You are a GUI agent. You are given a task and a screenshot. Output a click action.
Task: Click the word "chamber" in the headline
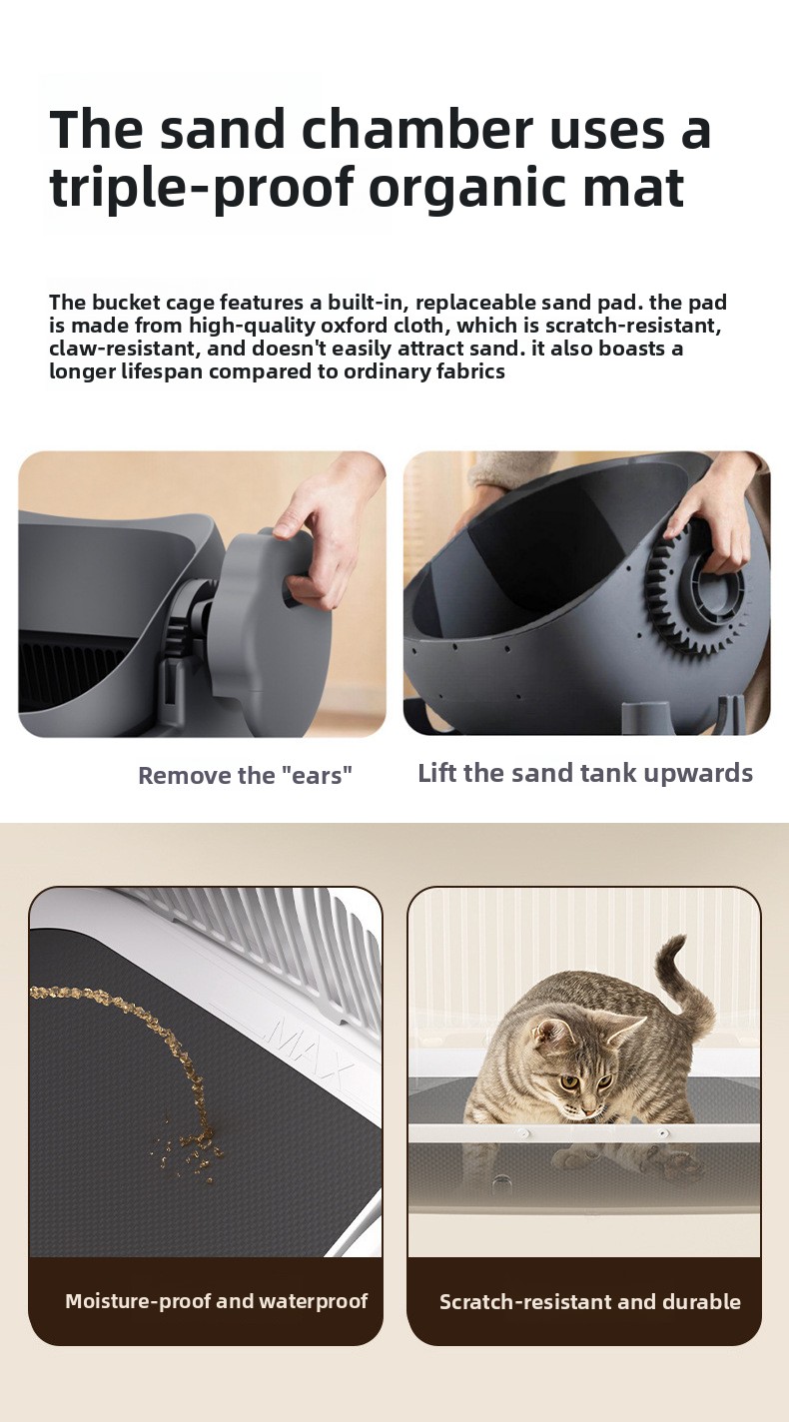click(x=415, y=129)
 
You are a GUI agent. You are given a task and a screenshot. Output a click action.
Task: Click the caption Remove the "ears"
click(x=245, y=775)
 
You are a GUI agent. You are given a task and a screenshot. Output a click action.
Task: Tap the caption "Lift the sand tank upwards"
click(x=585, y=773)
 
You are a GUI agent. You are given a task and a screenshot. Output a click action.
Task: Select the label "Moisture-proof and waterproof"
click(x=217, y=1301)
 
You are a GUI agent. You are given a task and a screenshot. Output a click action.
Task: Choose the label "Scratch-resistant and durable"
click(x=589, y=1302)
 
